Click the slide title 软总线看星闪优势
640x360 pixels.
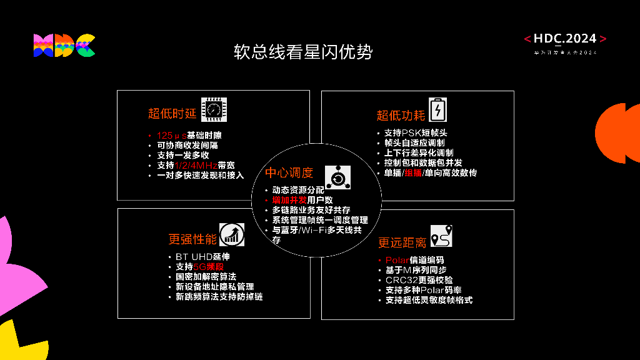[303, 52]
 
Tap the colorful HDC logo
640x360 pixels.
[64, 46]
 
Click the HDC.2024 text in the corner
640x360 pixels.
[565, 39]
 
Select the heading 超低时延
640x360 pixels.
[172, 113]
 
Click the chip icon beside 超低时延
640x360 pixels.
[214, 109]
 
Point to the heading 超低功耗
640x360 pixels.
[401, 115]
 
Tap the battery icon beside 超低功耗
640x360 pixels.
[438, 109]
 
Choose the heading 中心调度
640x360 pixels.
[289, 172]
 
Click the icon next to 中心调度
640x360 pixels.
[337, 177]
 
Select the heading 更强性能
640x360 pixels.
[192, 238]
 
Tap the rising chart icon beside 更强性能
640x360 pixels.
[232, 234]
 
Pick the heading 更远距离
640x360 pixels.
[402, 242]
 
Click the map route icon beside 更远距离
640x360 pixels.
[441, 236]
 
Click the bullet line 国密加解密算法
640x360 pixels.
[206, 276]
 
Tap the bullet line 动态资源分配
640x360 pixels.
[298, 189]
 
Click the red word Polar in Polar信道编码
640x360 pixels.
[397, 260]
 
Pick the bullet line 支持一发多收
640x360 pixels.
[182, 155]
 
